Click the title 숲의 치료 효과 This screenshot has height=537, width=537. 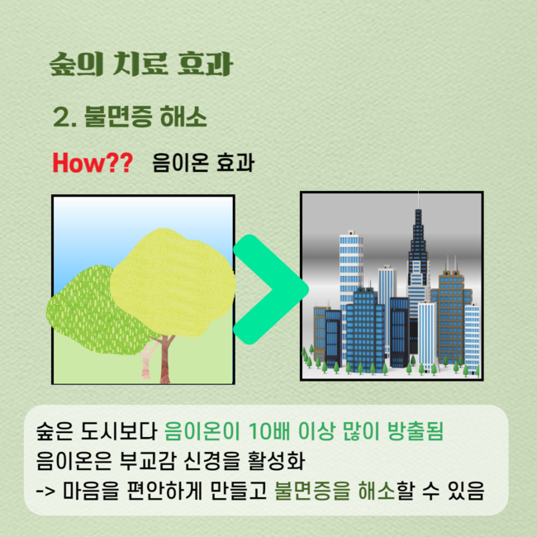(141, 64)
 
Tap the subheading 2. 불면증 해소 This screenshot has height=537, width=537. (131, 116)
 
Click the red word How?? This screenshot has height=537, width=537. (93, 162)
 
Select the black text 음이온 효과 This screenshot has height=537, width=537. (203, 162)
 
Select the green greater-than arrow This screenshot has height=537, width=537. (270, 289)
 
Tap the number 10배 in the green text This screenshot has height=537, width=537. (268, 430)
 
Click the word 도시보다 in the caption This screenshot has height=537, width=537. (118, 430)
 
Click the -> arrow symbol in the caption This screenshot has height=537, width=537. (45, 491)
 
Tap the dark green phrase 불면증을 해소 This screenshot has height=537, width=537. (335, 491)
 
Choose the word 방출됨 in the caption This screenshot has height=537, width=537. (416, 430)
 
